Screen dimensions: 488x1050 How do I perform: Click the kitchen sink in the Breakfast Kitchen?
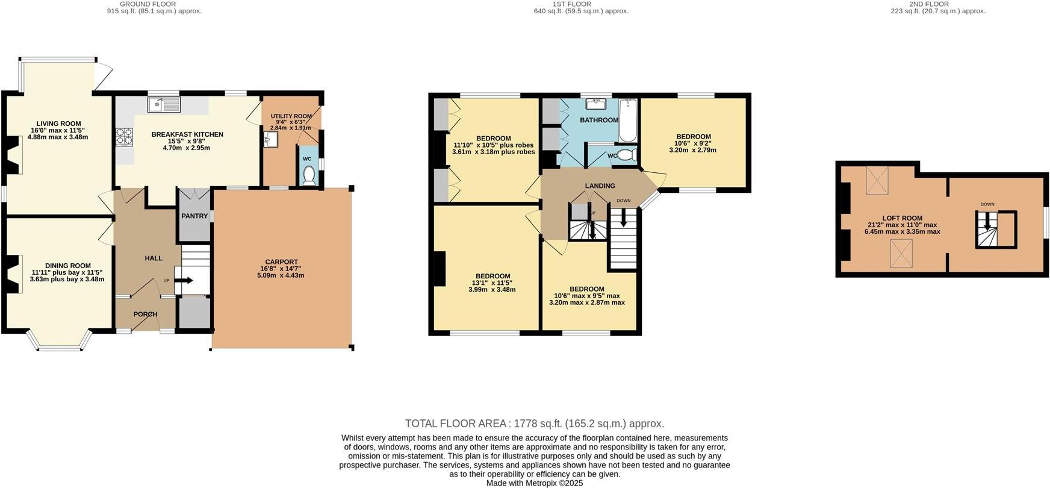(x=164, y=105)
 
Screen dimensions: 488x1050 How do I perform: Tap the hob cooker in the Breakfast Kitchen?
(x=124, y=137)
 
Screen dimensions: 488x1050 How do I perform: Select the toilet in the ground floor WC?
(x=309, y=175)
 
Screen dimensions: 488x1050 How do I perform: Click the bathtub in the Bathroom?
(x=627, y=120)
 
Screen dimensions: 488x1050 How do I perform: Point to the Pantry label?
(x=194, y=216)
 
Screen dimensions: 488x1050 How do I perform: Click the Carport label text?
(x=282, y=262)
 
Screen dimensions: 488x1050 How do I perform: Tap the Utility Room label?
(x=291, y=116)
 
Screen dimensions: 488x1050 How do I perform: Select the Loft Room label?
(x=902, y=218)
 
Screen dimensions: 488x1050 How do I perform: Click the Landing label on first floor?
(x=600, y=186)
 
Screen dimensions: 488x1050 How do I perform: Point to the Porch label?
(x=145, y=314)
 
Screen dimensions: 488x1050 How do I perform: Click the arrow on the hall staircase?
(x=184, y=280)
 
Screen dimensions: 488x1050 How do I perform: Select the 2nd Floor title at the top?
(x=937, y=4)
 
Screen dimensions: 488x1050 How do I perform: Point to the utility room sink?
(x=270, y=140)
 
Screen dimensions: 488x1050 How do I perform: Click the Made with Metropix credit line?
(x=534, y=483)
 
